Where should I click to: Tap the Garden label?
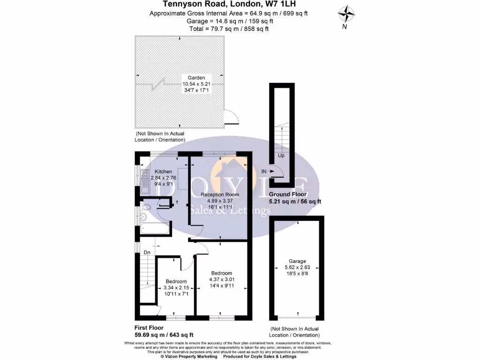tap(196, 78)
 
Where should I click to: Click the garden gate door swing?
tap(230, 116)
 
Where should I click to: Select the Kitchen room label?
tap(164, 172)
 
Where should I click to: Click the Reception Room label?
tap(220, 195)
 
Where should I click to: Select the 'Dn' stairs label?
tap(147, 252)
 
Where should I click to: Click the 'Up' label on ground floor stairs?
tap(281, 156)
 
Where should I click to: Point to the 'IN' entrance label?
tap(264, 172)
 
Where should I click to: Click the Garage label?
tap(297, 261)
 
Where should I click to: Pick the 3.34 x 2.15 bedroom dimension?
tap(176, 288)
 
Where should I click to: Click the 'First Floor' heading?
tap(149, 328)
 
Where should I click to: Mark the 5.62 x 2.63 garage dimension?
tap(297, 267)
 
